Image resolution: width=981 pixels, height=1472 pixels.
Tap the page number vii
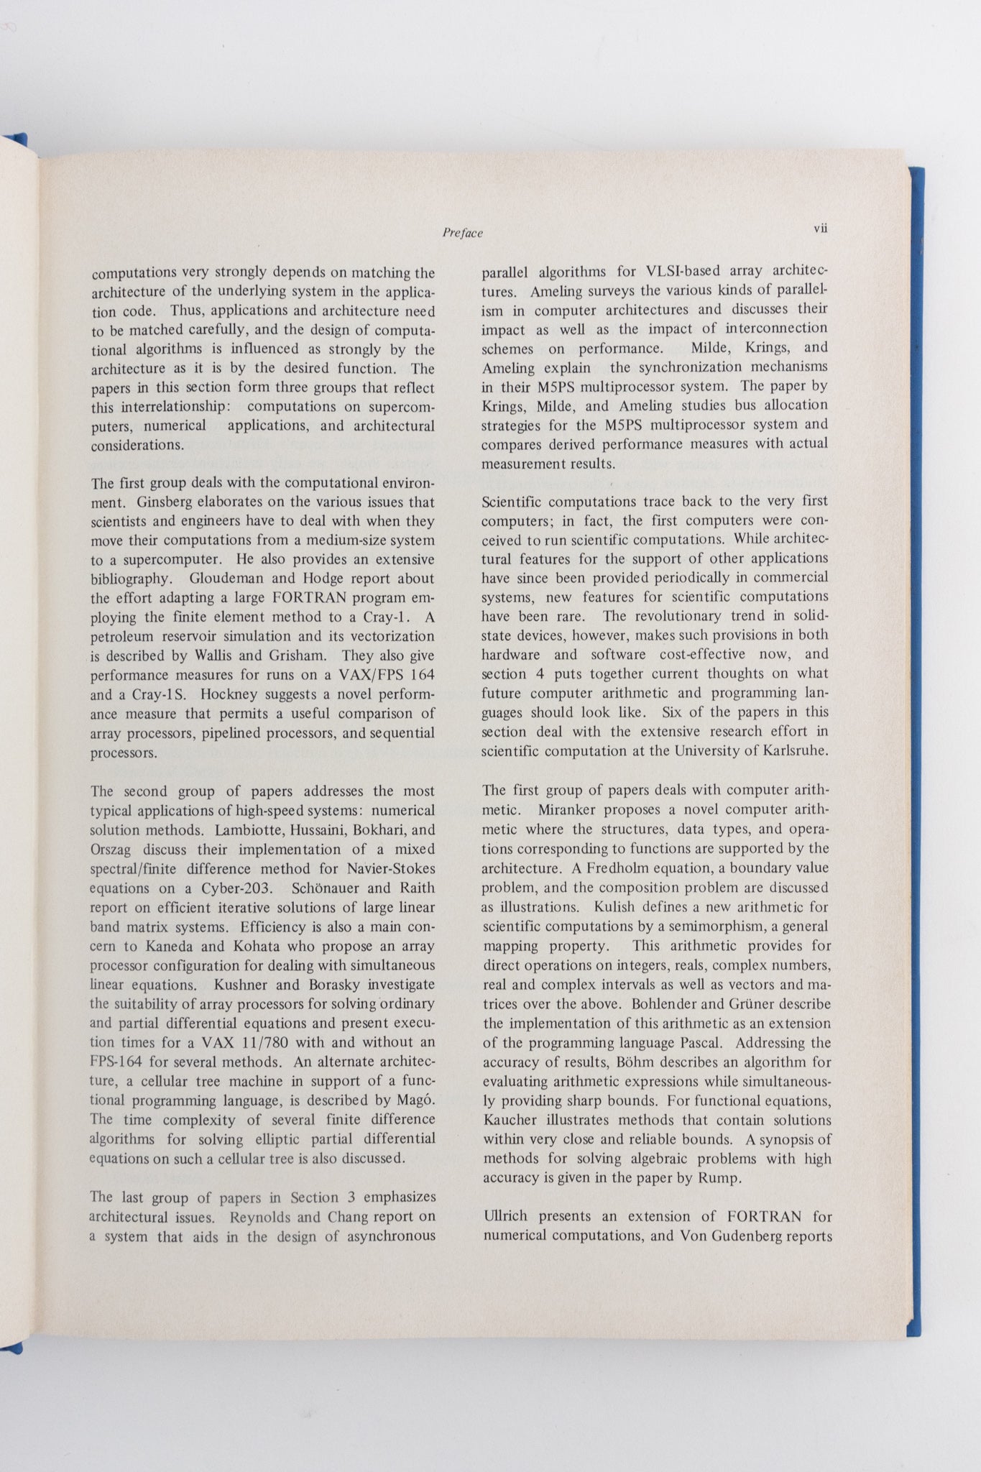[x=821, y=228]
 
